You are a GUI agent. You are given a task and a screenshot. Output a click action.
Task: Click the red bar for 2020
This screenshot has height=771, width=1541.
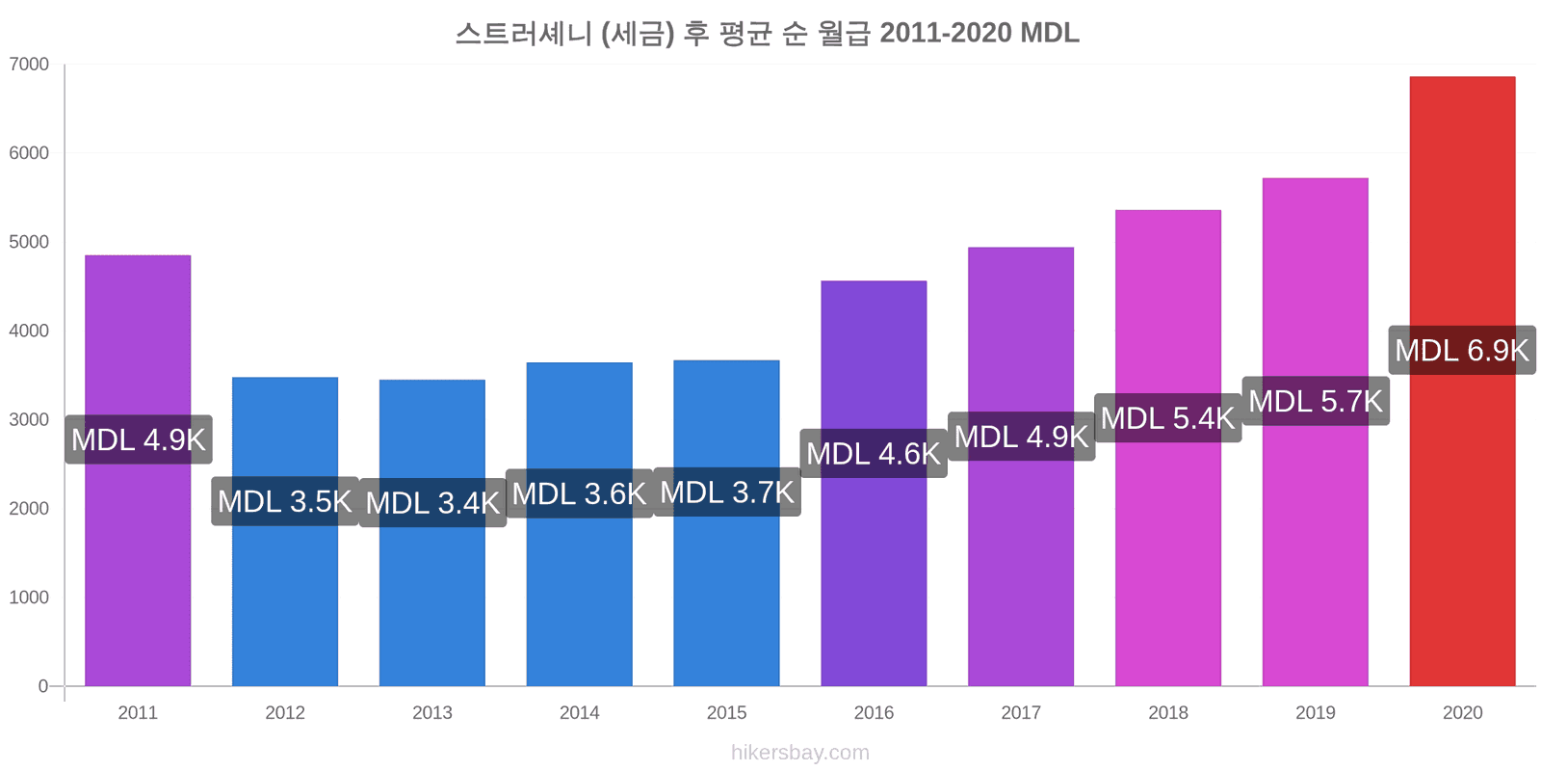[1462, 381]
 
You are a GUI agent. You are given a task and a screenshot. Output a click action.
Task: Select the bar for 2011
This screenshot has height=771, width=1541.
[138, 470]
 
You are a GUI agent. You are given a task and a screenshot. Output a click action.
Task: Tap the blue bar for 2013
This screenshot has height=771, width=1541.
[432, 532]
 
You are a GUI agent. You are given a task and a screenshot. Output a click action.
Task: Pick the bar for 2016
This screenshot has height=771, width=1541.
[874, 483]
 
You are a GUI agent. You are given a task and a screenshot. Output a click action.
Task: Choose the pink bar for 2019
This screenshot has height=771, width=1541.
[1316, 432]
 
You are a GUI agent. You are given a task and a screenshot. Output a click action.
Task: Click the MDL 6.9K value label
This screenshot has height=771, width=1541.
[1462, 351]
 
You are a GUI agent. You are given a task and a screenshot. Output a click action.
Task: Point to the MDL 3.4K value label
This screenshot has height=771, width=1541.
[432, 502]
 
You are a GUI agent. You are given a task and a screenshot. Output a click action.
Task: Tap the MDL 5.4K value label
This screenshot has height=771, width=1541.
[1168, 418]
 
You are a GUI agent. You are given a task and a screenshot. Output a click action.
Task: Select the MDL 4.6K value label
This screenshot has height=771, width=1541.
[874, 454]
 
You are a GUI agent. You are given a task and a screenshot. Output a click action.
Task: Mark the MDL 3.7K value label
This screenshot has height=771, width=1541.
[727, 492]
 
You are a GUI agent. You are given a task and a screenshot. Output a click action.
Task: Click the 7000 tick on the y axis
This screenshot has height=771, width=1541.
[29, 64]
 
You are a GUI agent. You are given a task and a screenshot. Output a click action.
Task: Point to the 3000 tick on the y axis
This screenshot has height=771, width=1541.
[29, 419]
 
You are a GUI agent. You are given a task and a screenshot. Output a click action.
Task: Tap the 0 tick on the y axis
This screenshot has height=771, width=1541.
[42, 685]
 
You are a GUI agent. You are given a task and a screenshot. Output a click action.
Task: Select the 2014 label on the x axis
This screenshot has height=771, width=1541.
[579, 712]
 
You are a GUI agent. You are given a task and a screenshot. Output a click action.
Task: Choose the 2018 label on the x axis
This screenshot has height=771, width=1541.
[1168, 712]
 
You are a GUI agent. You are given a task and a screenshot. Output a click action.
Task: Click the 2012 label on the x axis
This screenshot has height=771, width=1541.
[285, 712]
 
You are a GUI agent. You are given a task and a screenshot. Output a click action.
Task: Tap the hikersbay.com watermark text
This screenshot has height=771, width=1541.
[800, 753]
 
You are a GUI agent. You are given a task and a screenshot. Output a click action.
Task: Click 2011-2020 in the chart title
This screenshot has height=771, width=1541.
[946, 33]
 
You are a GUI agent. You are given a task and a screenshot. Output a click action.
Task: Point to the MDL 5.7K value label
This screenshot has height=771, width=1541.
[1316, 401]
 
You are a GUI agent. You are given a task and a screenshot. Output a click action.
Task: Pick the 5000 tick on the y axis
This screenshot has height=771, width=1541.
[29, 242]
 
